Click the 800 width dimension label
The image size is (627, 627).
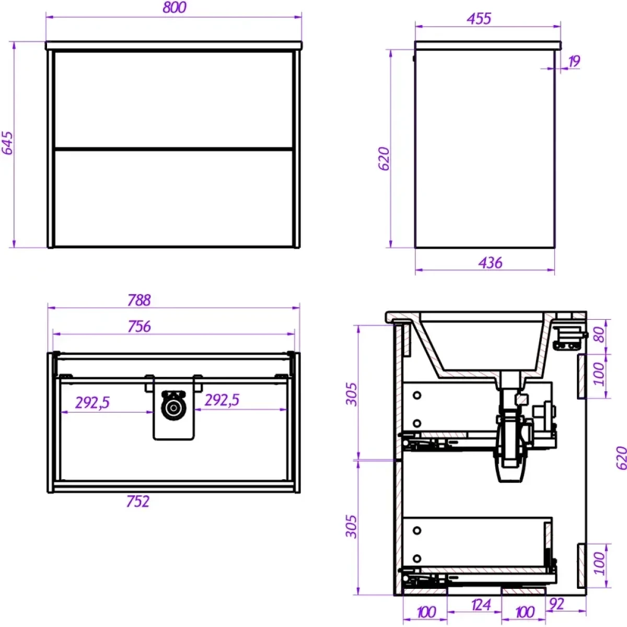pos(175,7)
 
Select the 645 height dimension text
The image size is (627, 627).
pos(7,143)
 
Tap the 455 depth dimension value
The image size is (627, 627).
pos(479,19)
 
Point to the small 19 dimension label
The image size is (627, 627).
pos(574,61)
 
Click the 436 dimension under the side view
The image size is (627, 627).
pos(490,263)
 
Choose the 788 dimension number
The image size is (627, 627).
pos(140,300)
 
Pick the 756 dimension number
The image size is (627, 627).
pos(140,327)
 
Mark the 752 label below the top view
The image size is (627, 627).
pos(138,502)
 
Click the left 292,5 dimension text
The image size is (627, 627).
pos(92,403)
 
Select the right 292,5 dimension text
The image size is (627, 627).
pos(222,400)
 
